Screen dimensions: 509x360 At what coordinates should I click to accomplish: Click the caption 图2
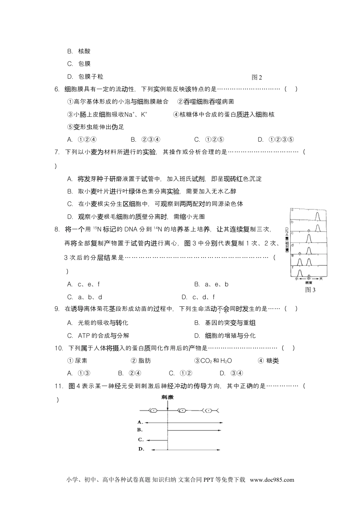click(257, 77)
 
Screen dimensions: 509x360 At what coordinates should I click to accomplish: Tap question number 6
click(57, 89)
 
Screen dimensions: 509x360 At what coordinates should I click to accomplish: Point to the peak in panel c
click(308, 239)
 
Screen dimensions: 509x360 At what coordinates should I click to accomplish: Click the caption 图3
click(310, 290)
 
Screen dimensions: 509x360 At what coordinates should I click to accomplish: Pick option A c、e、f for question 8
click(84, 284)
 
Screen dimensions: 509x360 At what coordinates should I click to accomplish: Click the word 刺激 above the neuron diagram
click(167, 397)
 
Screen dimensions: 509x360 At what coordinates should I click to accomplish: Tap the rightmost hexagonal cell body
click(209, 411)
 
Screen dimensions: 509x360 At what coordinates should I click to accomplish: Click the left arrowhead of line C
click(148, 440)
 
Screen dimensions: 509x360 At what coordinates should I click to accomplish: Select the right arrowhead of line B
click(221, 430)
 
